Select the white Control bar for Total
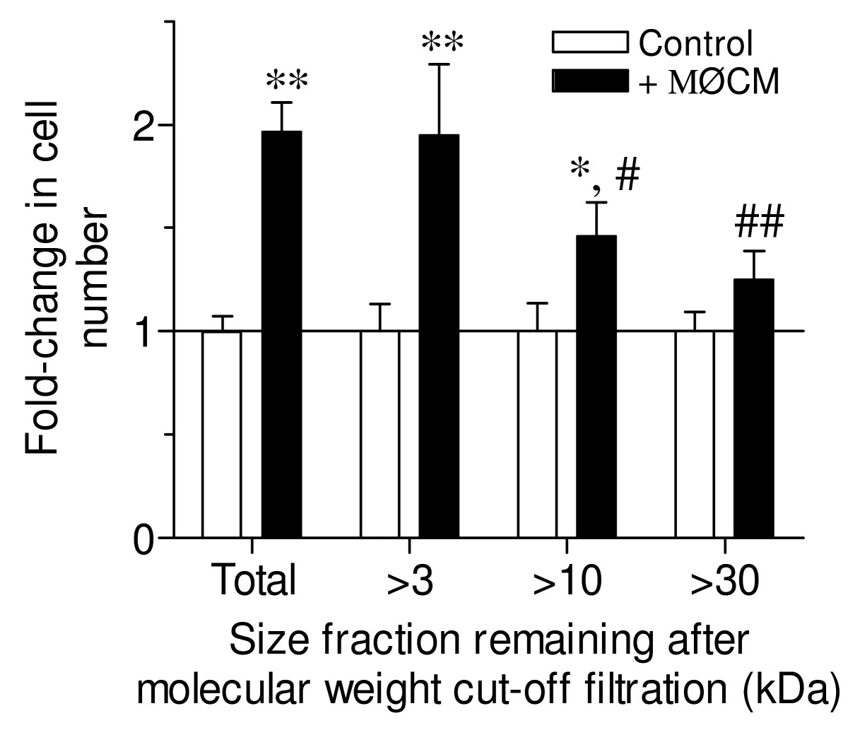(x=221, y=434)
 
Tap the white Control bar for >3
(x=380, y=434)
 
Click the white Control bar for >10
(x=537, y=434)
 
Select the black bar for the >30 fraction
(x=754, y=408)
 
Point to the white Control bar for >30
(x=695, y=434)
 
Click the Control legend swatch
(x=590, y=42)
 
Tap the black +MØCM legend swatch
(x=590, y=81)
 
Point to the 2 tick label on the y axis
(x=145, y=126)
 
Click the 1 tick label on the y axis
(x=145, y=331)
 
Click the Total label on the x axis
(x=253, y=581)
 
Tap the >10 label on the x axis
(x=567, y=581)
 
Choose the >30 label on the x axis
(x=724, y=581)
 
